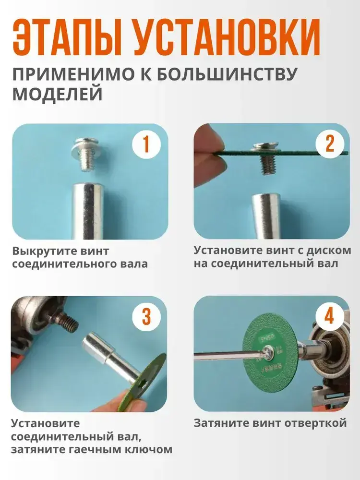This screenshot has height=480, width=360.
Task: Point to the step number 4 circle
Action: (329, 316)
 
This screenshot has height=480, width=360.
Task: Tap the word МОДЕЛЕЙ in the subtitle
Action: (58, 94)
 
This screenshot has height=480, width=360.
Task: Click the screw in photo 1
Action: (85, 154)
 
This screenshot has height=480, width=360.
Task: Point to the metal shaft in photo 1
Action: (88, 211)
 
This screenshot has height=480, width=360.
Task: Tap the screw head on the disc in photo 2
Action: (265, 147)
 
